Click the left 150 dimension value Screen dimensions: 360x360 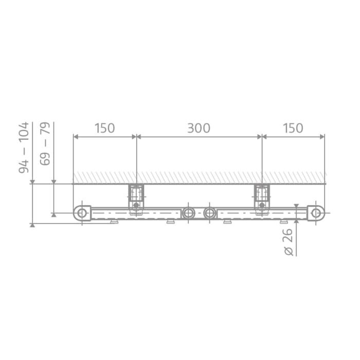tap(105, 128)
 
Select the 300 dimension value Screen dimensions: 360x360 tap(199, 128)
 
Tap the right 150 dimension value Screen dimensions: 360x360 tap(293, 128)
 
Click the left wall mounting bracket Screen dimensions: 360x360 tap(136, 197)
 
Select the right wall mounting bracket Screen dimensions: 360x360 tap(262, 197)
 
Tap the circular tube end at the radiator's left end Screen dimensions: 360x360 tap(82, 213)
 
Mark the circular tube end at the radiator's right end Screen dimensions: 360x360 tap(316, 213)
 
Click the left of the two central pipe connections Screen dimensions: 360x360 tap(189, 213)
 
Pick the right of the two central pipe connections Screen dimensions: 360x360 tap(209, 213)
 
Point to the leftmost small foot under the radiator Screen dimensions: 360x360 tap(114, 222)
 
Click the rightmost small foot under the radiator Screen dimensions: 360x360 tap(283, 222)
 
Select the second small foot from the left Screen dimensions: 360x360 tap(170, 222)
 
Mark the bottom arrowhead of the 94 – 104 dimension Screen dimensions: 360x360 tap(32, 224)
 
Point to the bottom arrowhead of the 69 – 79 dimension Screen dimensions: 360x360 tap(53, 215)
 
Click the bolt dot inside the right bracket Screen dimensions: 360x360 tap(262, 205)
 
